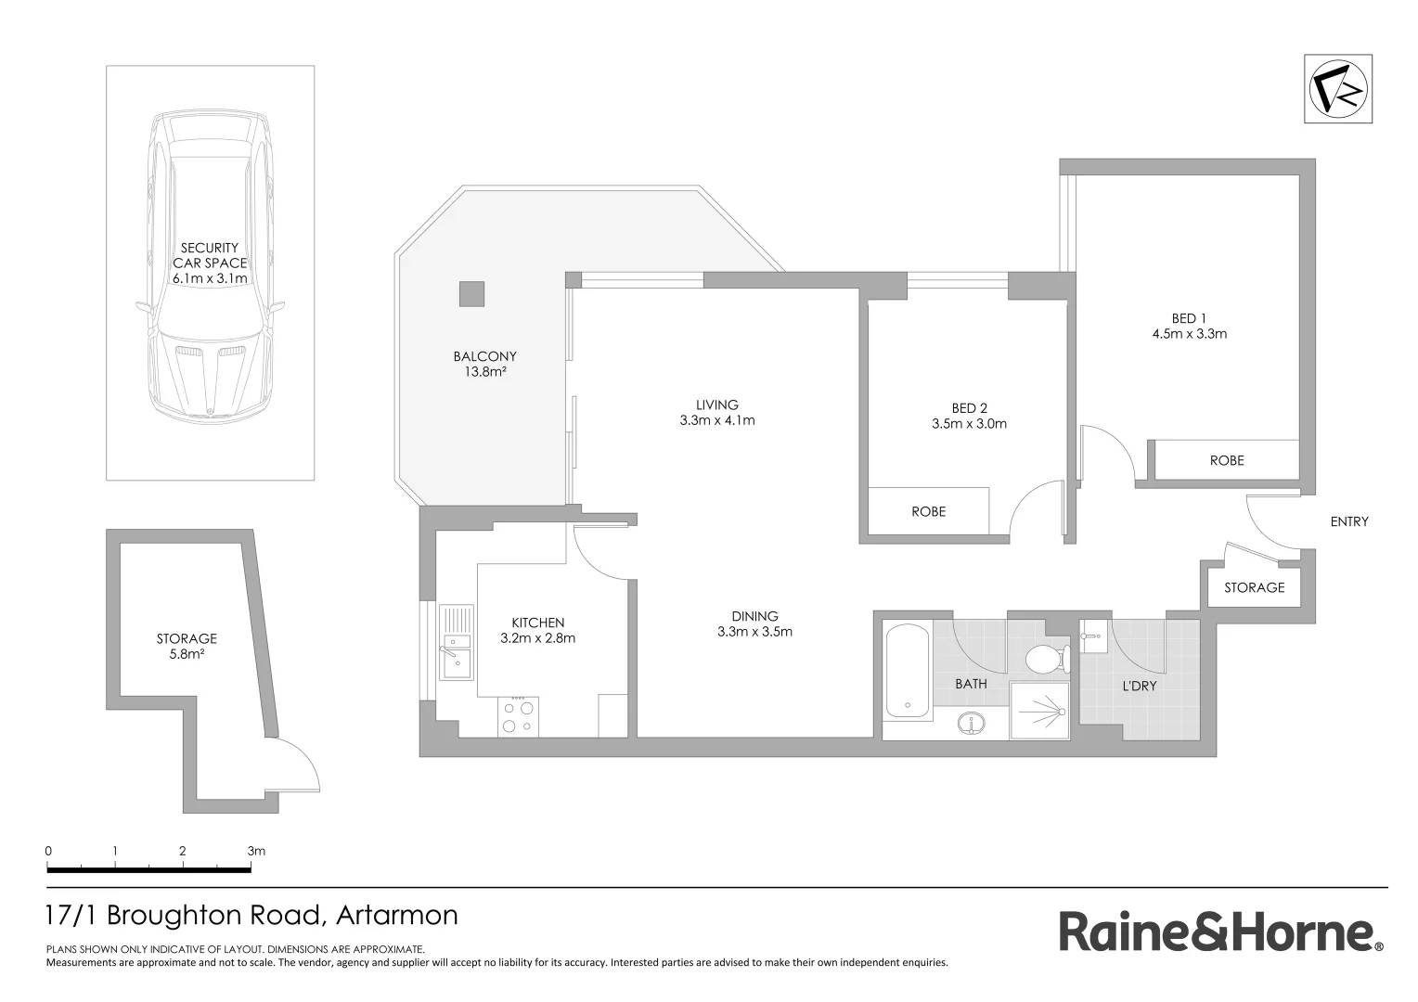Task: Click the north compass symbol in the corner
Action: point(1337,89)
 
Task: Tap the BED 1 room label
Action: point(1189,318)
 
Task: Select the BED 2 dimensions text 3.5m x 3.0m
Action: point(969,424)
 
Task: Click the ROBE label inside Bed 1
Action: point(1227,460)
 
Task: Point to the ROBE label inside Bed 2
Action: point(928,511)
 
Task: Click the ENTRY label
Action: point(1349,521)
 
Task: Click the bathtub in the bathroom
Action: point(908,672)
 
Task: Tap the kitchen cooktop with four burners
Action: point(518,716)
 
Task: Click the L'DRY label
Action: point(1139,687)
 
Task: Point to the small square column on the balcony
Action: point(471,293)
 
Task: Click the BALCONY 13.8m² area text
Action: point(484,372)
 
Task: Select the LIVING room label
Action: point(716,405)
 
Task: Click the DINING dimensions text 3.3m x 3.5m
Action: point(754,632)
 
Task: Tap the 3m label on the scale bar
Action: point(255,851)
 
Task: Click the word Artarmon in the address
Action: point(397,916)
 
